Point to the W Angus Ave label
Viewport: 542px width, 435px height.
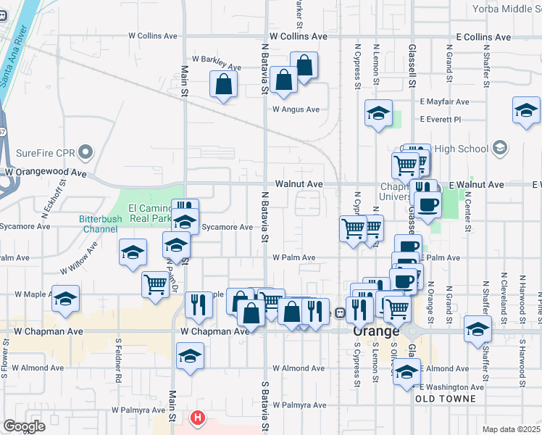296,109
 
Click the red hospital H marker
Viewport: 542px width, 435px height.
197,418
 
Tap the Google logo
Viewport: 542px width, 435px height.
24,426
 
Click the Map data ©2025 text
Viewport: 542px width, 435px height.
511,429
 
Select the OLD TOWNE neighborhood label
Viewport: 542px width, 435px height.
446,399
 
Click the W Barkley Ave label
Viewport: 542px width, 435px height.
216,67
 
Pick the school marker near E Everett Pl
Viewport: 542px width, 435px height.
378,113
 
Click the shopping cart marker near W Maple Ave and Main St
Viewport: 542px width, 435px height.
155,284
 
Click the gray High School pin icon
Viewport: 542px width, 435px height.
499,149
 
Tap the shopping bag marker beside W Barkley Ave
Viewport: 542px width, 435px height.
224,83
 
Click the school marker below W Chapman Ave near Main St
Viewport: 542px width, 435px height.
190,356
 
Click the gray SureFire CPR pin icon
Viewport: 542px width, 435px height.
86,152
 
